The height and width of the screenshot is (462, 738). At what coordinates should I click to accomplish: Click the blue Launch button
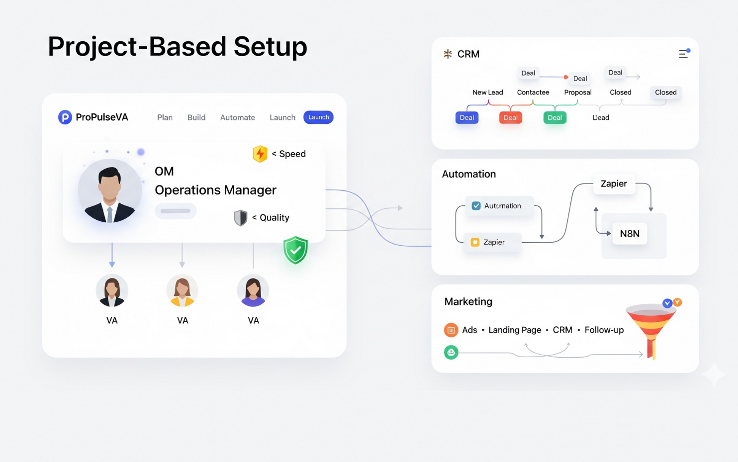tap(318, 117)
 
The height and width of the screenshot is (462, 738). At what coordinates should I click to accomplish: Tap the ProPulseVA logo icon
tap(65, 117)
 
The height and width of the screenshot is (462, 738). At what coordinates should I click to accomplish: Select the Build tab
tap(196, 118)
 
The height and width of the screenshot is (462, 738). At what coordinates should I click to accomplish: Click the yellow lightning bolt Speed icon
tap(260, 154)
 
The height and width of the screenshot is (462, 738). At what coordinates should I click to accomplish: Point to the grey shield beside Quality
tap(241, 218)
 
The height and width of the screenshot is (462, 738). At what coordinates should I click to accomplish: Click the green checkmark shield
tap(295, 250)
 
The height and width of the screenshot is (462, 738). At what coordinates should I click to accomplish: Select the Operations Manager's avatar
tap(110, 191)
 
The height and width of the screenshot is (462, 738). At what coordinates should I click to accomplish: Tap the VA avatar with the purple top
tap(253, 291)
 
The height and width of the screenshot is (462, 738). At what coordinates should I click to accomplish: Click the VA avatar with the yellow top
tap(183, 291)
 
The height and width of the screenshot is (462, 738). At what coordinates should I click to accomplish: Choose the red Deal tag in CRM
tap(510, 118)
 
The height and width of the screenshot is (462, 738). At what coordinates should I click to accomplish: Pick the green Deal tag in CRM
tap(554, 118)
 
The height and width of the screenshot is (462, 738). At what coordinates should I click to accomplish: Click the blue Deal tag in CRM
tap(466, 118)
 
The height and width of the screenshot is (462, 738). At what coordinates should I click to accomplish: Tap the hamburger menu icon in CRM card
tap(684, 54)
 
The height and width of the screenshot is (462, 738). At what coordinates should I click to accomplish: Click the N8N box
tap(630, 234)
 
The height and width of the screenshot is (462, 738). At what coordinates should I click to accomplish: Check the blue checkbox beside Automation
tap(476, 206)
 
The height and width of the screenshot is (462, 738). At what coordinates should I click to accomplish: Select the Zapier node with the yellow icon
tap(492, 242)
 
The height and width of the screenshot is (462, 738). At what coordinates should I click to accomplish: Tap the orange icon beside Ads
tap(451, 330)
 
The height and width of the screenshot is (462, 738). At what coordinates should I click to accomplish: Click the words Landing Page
tap(515, 330)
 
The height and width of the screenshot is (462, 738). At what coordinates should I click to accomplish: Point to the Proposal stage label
tap(578, 92)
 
